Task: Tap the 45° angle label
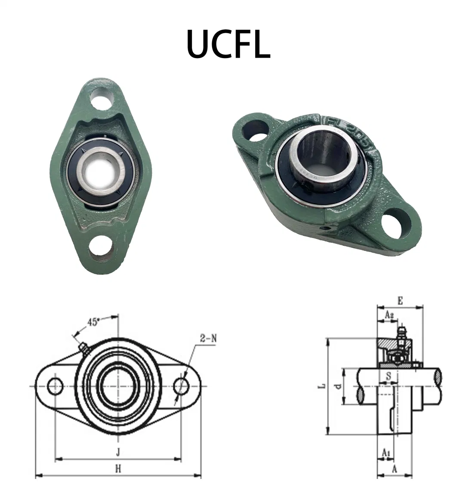click(x=93, y=322)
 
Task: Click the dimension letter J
click(x=117, y=452)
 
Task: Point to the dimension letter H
click(x=117, y=469)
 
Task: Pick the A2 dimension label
click(x=389, y=315)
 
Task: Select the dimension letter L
click(x=321, y=386)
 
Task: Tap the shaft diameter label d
click(x=339, y=386)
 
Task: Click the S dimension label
click(x=388, y=376)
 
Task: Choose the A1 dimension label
click(x=386, y=453)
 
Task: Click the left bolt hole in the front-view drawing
click(x=55, y=386)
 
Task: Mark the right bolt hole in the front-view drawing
click(x=181, y=386)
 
